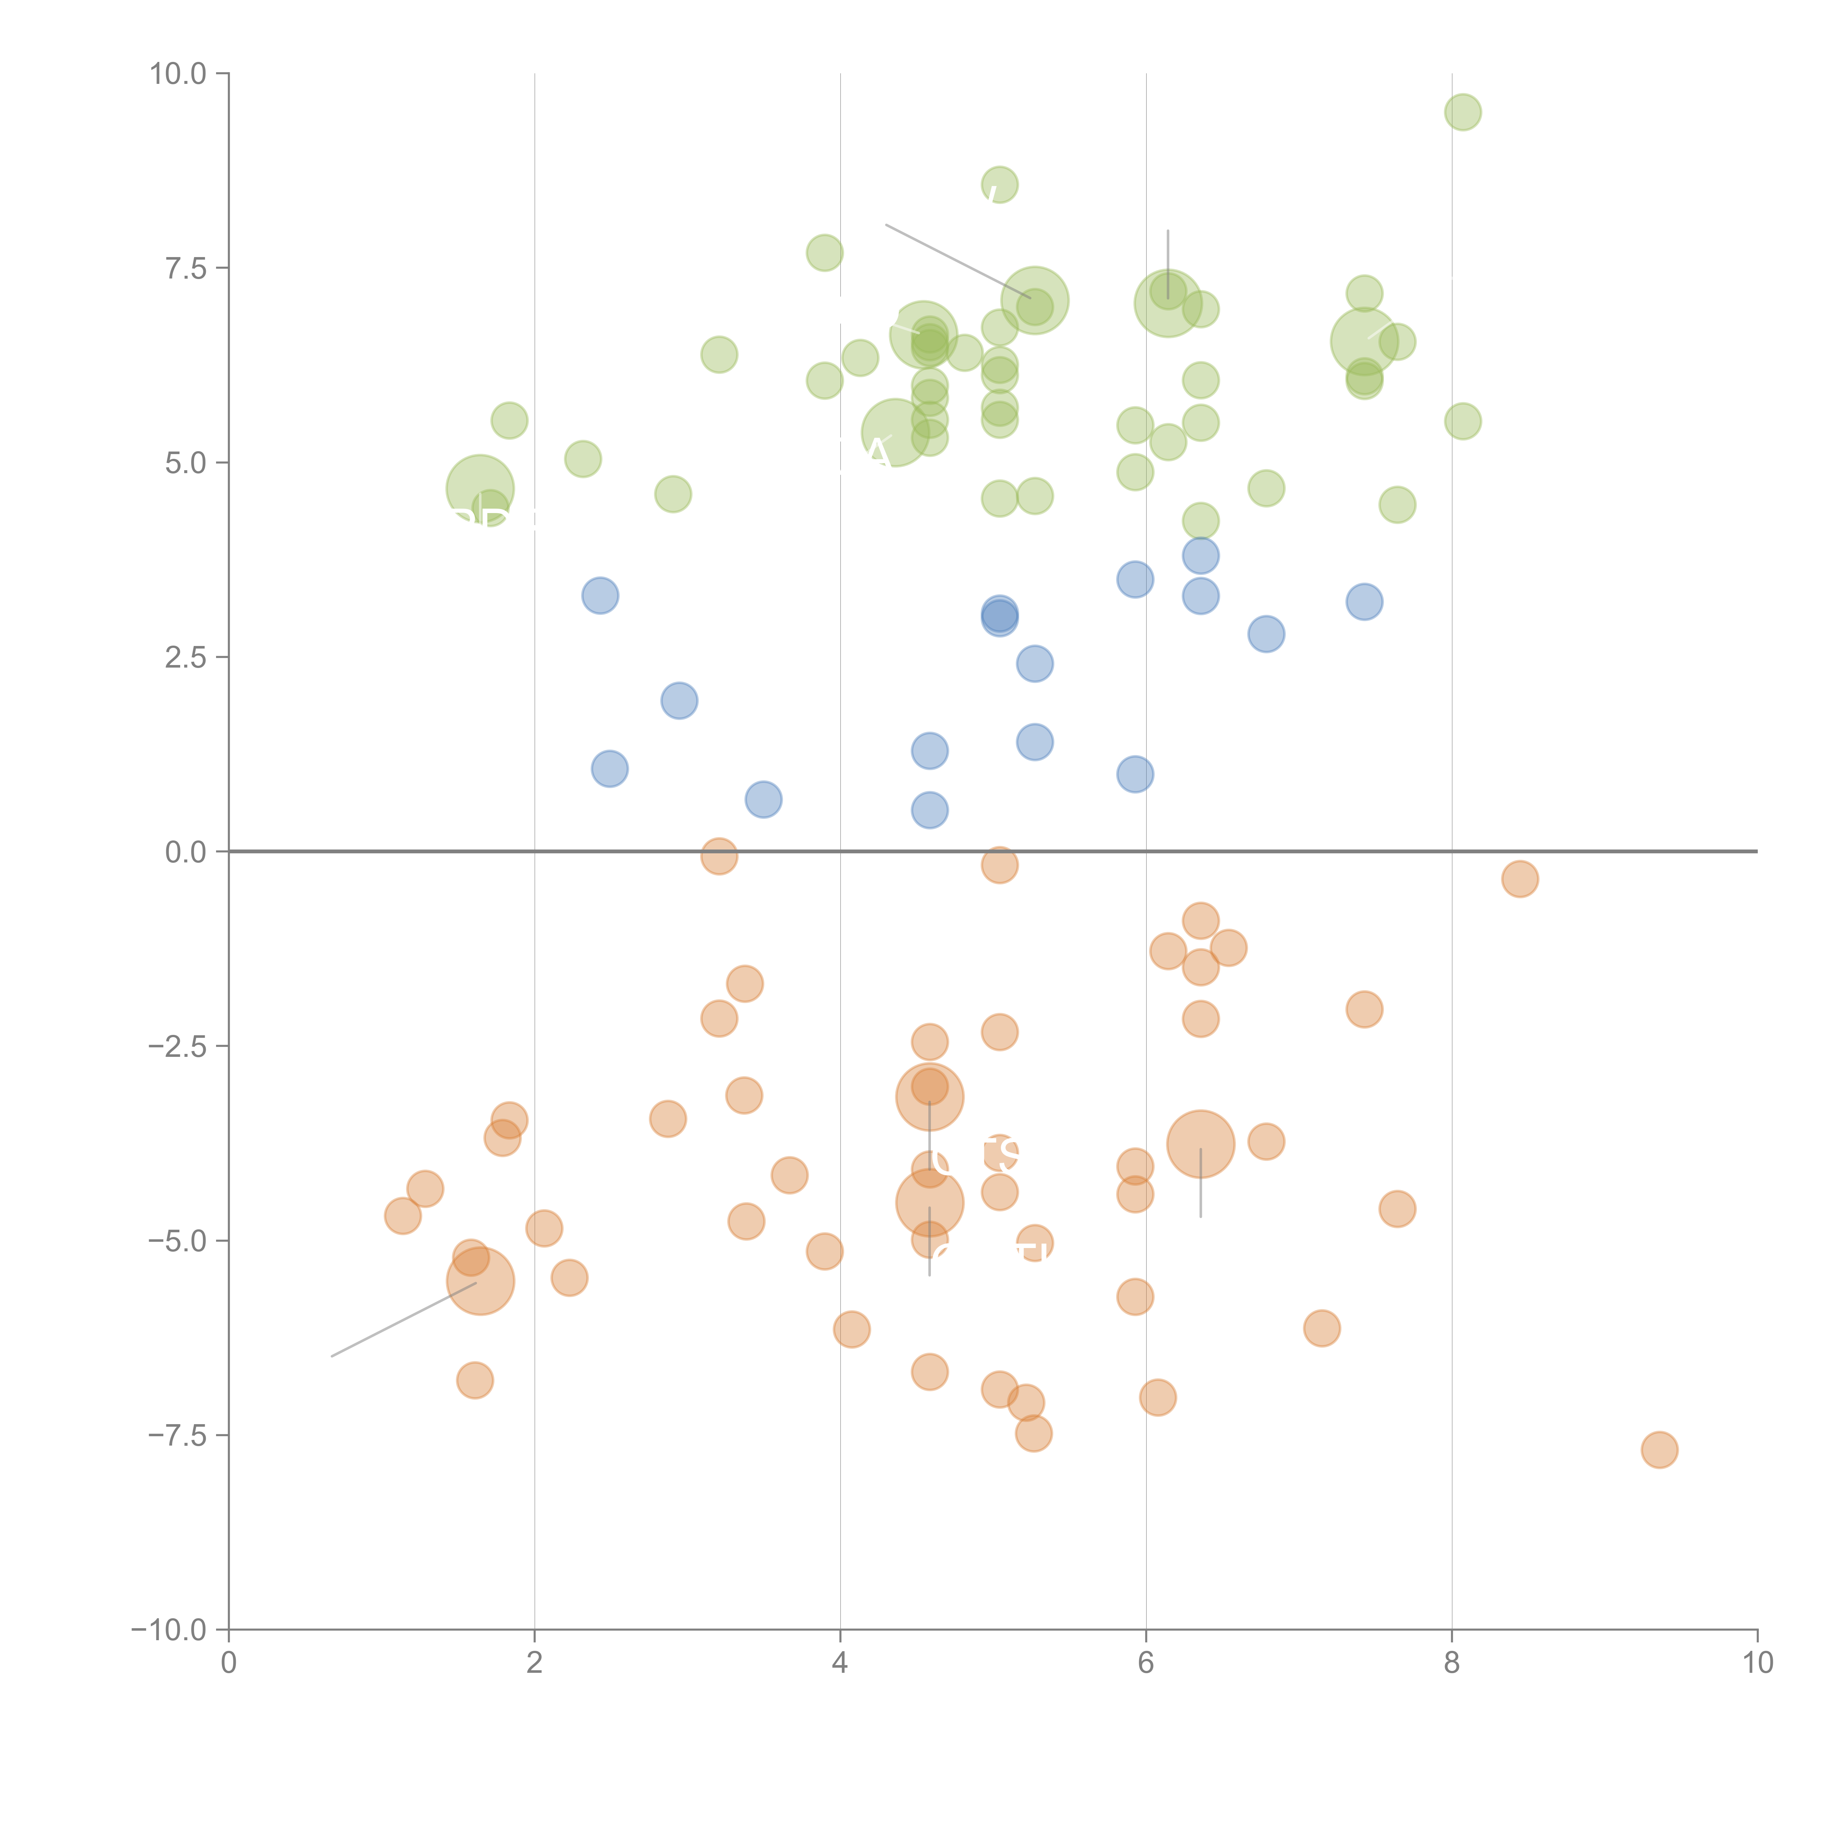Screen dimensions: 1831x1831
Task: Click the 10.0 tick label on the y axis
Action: [178, 74]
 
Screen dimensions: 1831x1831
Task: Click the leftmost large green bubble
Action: [480, 489]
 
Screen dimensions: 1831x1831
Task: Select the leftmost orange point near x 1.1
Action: [403, 1216]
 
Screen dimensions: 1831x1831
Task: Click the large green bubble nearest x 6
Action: [1167, 302]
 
